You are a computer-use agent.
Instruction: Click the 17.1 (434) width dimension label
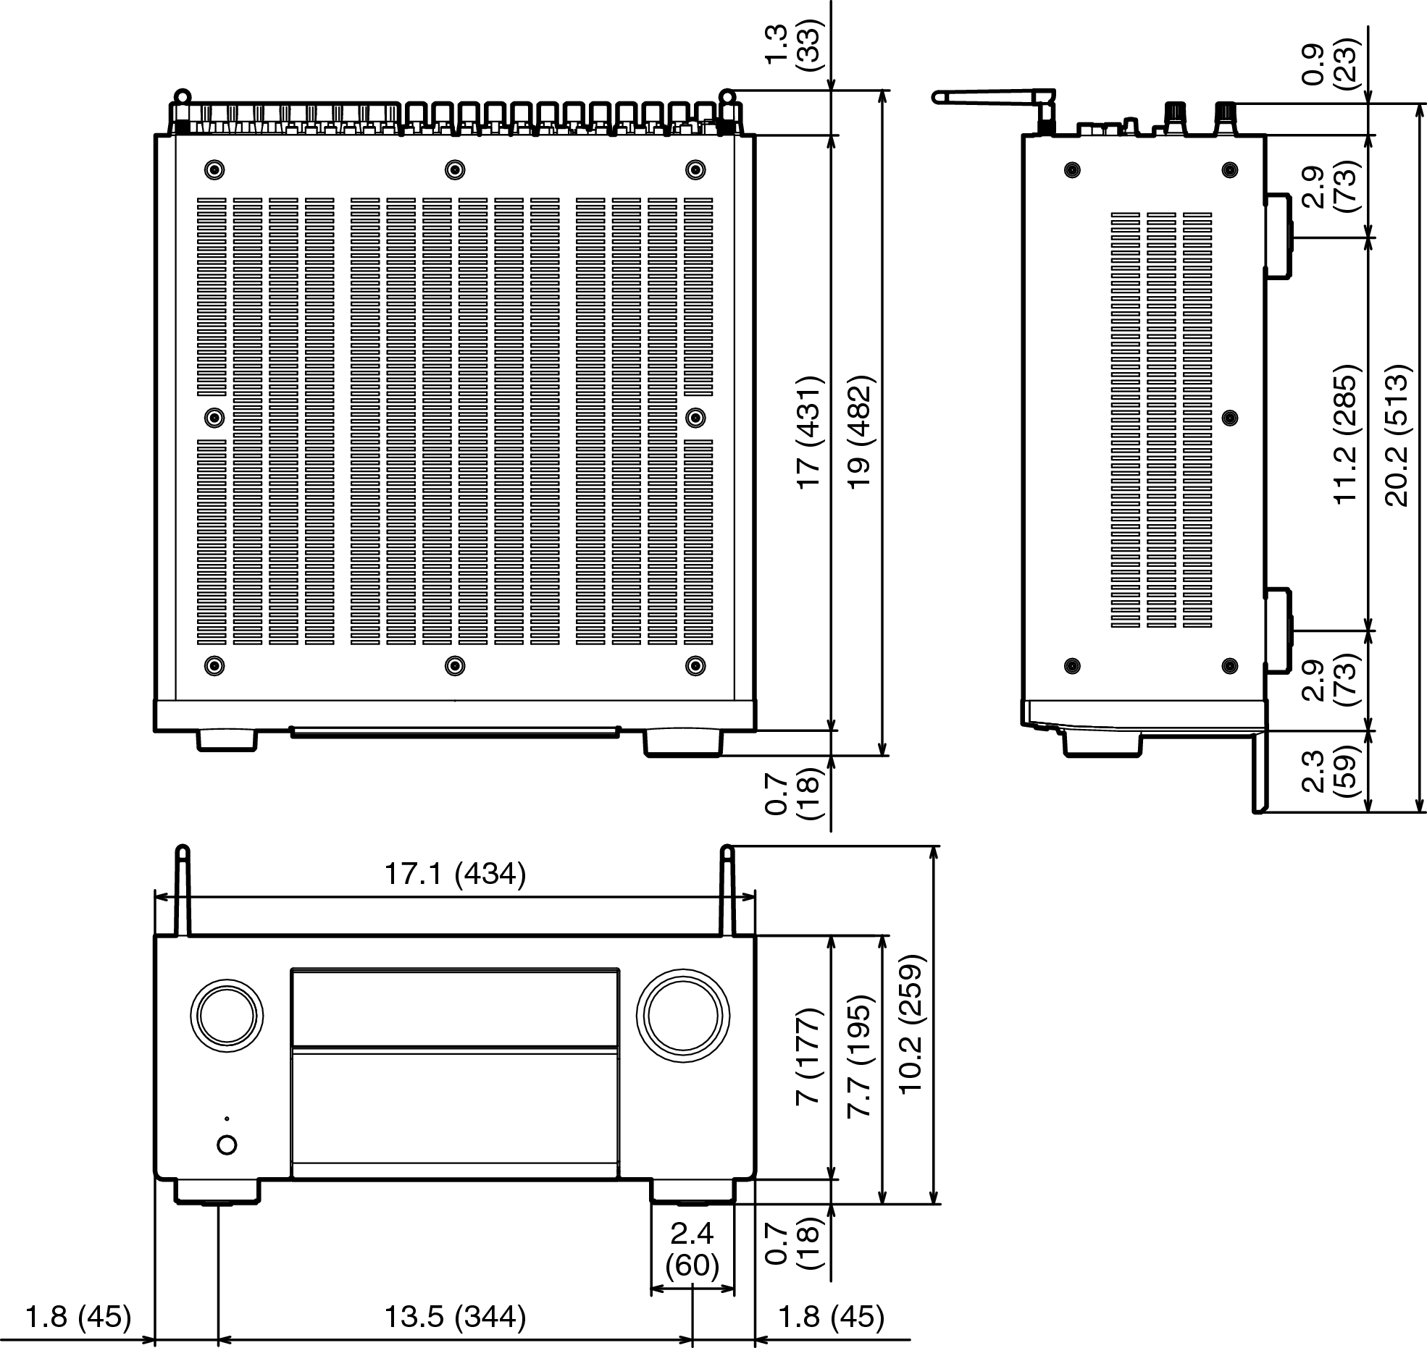click(454, 874)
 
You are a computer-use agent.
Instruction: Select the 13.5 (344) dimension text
click(454, 1316)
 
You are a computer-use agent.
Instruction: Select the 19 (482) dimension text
click(859, 432)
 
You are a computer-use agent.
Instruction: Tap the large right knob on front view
click(682, 1016)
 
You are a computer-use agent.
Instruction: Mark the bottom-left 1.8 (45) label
click(78, 1316)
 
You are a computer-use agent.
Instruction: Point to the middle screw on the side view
click(1229, 418)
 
